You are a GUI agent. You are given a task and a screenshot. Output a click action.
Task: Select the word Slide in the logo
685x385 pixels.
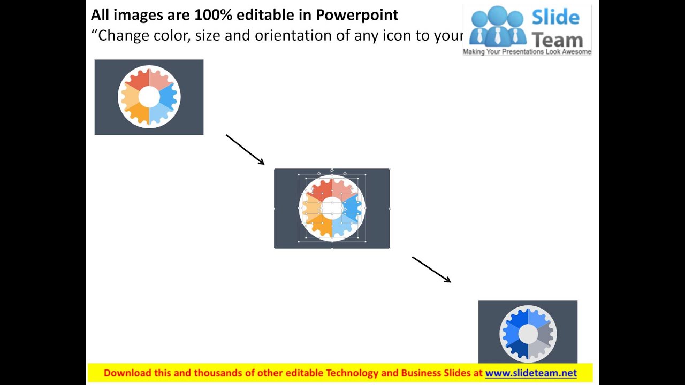pyautogui.click(x=555, y=17)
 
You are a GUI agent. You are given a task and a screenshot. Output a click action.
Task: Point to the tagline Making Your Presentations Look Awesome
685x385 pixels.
pyautogui.click(x=527, y=52)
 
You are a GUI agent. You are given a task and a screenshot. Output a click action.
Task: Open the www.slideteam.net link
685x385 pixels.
pyautogui.click(x=531, y=373)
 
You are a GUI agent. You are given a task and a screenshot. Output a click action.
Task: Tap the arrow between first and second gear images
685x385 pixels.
pyautogui.click(x=245, y=150)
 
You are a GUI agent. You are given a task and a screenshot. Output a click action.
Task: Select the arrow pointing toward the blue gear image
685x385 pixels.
pyautogui.click(x=431, y=269)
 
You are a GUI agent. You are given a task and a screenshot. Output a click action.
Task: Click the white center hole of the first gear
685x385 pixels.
pyautogui.click(x=149, y=97)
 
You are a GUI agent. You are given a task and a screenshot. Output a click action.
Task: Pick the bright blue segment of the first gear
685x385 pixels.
pyautogui.click(x=168, y=95)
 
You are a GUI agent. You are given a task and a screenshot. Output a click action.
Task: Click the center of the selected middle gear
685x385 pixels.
pyautogui.click(x=332, y=207)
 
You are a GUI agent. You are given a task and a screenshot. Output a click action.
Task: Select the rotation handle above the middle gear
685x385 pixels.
pyautogui.click(x=332, y=170)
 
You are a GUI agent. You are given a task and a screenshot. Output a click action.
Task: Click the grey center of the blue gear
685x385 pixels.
pyautogui.click(x=528, y=334)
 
